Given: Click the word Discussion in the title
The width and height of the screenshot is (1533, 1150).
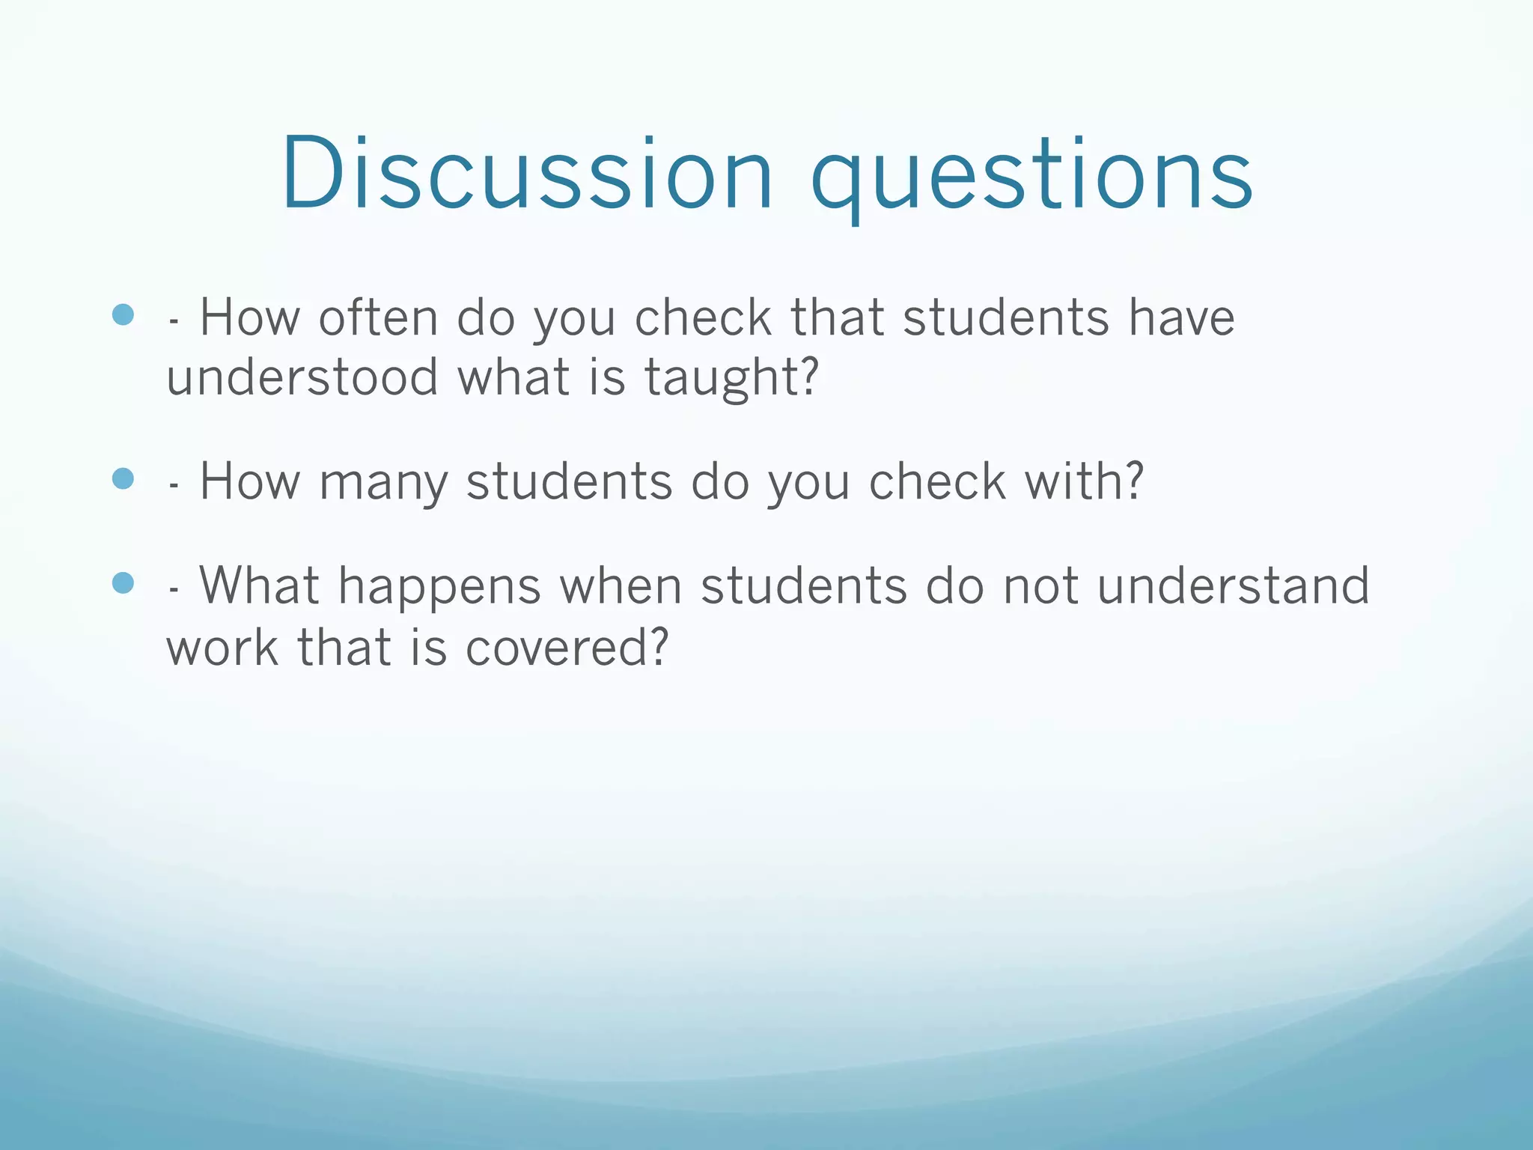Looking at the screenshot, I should tap(526, 174).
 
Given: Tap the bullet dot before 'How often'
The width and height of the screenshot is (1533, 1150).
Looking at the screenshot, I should tap(123, 314).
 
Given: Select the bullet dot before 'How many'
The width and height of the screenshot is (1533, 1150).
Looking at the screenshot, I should tap(123, 478).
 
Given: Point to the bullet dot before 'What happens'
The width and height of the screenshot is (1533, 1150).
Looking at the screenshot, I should tap(123, 582).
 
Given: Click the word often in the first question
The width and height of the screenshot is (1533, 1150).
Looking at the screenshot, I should tap(378, 317).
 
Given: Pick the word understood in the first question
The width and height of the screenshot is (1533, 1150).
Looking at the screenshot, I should tap(302, 377).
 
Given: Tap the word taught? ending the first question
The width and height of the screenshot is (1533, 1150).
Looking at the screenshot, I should tap(732, 378).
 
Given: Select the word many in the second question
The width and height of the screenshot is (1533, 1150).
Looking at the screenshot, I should tap(383, 482).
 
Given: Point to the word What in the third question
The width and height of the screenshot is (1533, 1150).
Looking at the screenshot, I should tap(260, 585).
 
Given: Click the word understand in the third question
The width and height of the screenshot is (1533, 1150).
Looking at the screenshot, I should tap(1234, 585).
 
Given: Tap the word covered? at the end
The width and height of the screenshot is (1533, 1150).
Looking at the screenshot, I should tap(566, 647).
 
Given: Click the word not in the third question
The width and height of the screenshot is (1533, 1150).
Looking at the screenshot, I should tap(1040, 587).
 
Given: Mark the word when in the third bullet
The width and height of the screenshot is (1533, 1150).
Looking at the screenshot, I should tap(621, 587).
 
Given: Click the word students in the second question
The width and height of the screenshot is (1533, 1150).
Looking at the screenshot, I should tap(569, 481).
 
